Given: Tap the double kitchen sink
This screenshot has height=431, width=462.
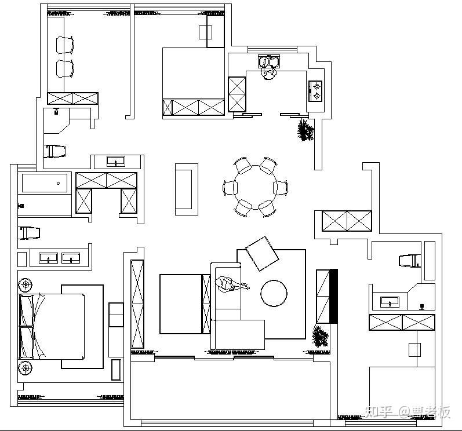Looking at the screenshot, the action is pyautogui.click(x=269, y=61).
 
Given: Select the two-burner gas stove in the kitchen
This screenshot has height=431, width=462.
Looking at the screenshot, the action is pyautogui.click(x=315, y=91).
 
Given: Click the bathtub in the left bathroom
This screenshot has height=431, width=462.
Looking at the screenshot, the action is pyautogui.click(x=45, y=183).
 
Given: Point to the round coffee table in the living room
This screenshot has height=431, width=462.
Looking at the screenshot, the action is pyautogui.click(x=274, y=293).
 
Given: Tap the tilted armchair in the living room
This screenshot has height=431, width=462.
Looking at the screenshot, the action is pyautogui.click(x=262, y=253).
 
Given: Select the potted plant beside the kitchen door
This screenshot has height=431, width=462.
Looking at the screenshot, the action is pyautogui.click(x=305, y=130).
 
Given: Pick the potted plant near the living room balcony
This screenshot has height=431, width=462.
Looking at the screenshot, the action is pyautogui.click(x=321, y=336).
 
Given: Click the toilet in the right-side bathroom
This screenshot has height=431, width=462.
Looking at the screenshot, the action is pyautogui.click(x=410, y=261).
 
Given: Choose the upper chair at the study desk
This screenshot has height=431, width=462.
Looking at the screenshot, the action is pyautogui.click(x=65, y=45).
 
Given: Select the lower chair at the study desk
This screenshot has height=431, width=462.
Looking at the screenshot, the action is pyautogui.click(x=65, y=68).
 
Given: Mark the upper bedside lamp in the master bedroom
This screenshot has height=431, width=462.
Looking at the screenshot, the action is pyautogui.click(x=26, y=285).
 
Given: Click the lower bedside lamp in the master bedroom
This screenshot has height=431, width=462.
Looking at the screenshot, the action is pyautogui.click(x=26, y=368).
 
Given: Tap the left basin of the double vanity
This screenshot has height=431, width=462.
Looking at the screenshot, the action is pyautogui.click(x=49, y=258).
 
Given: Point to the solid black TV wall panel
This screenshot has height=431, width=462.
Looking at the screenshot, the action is pyautogui.click(x=333, y=296).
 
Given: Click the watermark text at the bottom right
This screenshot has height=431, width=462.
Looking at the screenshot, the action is pyautogui.click(x=408, y=412).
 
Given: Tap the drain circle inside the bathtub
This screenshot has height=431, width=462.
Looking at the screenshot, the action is pyautogui.click(x=59, y=183).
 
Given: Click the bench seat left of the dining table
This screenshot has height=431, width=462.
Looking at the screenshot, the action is pyautogui.click(x=187, y=189).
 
